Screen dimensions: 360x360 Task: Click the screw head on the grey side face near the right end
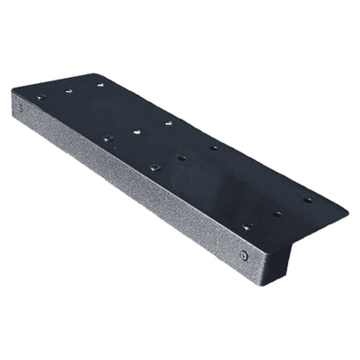245,254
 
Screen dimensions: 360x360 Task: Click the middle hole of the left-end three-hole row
69,90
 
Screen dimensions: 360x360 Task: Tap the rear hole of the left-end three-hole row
100,85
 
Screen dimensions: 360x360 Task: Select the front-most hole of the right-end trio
248,227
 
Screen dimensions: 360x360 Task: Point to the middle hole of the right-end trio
277,214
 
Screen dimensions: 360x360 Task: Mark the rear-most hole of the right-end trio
308,200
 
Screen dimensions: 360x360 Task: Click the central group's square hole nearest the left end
108,138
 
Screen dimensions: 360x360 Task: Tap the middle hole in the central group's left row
138,132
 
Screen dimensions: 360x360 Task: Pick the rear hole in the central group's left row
169,124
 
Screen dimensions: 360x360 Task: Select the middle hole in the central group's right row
182,157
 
